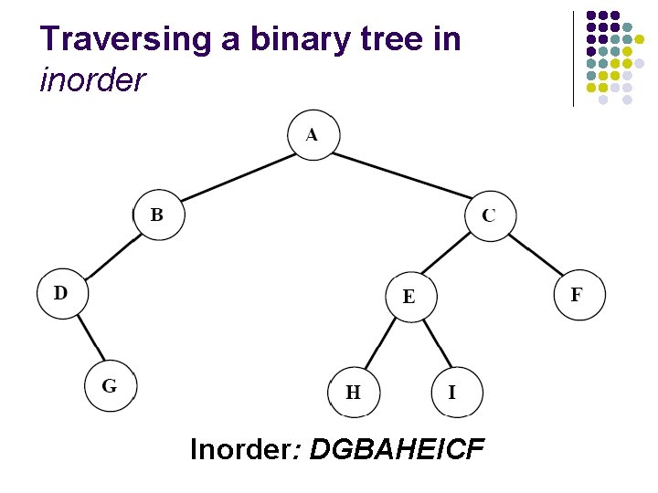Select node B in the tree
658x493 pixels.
[158, 215]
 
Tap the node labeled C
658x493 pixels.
[491, 215]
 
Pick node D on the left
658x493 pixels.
[61, 294]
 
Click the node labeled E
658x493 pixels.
[409, 296]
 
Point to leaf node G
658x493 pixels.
[111, 385]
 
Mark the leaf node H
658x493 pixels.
[354, 392]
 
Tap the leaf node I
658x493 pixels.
[454, 392]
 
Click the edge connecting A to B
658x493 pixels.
[237, 177]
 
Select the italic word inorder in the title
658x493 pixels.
[92, 80]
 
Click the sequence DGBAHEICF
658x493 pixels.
[398, 450]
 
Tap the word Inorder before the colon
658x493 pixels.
[239, 450]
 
